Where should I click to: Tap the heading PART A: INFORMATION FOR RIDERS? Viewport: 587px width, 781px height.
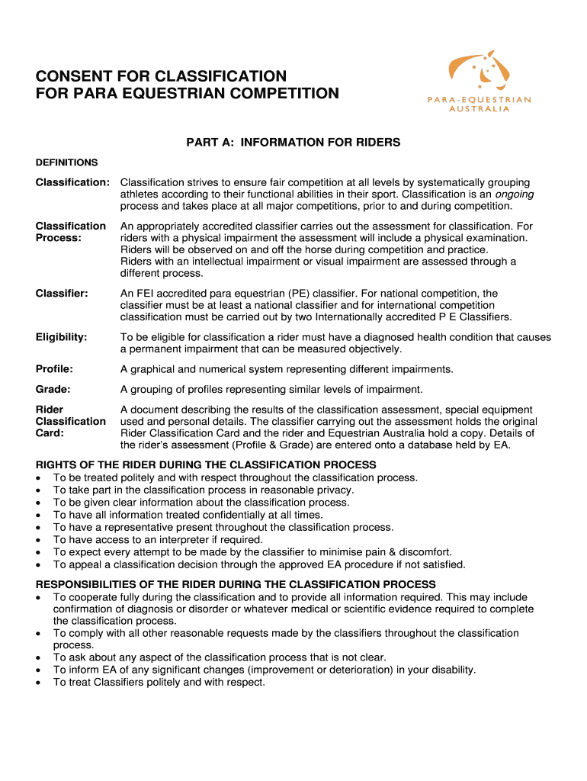click(x=293, y=143)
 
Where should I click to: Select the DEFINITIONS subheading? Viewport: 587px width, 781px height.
click(x=66, y=162)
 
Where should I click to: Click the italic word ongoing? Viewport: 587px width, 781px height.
click(x=515, y=194)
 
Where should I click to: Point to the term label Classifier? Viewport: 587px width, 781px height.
click(x=62, y=293)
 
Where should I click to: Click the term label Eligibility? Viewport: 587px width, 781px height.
click(x=62, y=336)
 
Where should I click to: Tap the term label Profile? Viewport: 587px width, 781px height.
click(x=54, y=369)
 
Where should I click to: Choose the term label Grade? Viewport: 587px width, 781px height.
click(x=53, y=389)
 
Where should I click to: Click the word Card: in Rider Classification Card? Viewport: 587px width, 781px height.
click(x=50, y=433)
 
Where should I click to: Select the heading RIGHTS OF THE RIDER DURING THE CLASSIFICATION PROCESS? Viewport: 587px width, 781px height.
click(x=206, y=464)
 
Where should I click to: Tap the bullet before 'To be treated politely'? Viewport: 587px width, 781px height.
click(x=39, y=478)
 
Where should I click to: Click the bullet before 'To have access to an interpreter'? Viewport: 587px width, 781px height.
click(x=39, y=539)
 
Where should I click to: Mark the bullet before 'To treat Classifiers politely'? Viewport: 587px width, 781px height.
click(x=39, y=683)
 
